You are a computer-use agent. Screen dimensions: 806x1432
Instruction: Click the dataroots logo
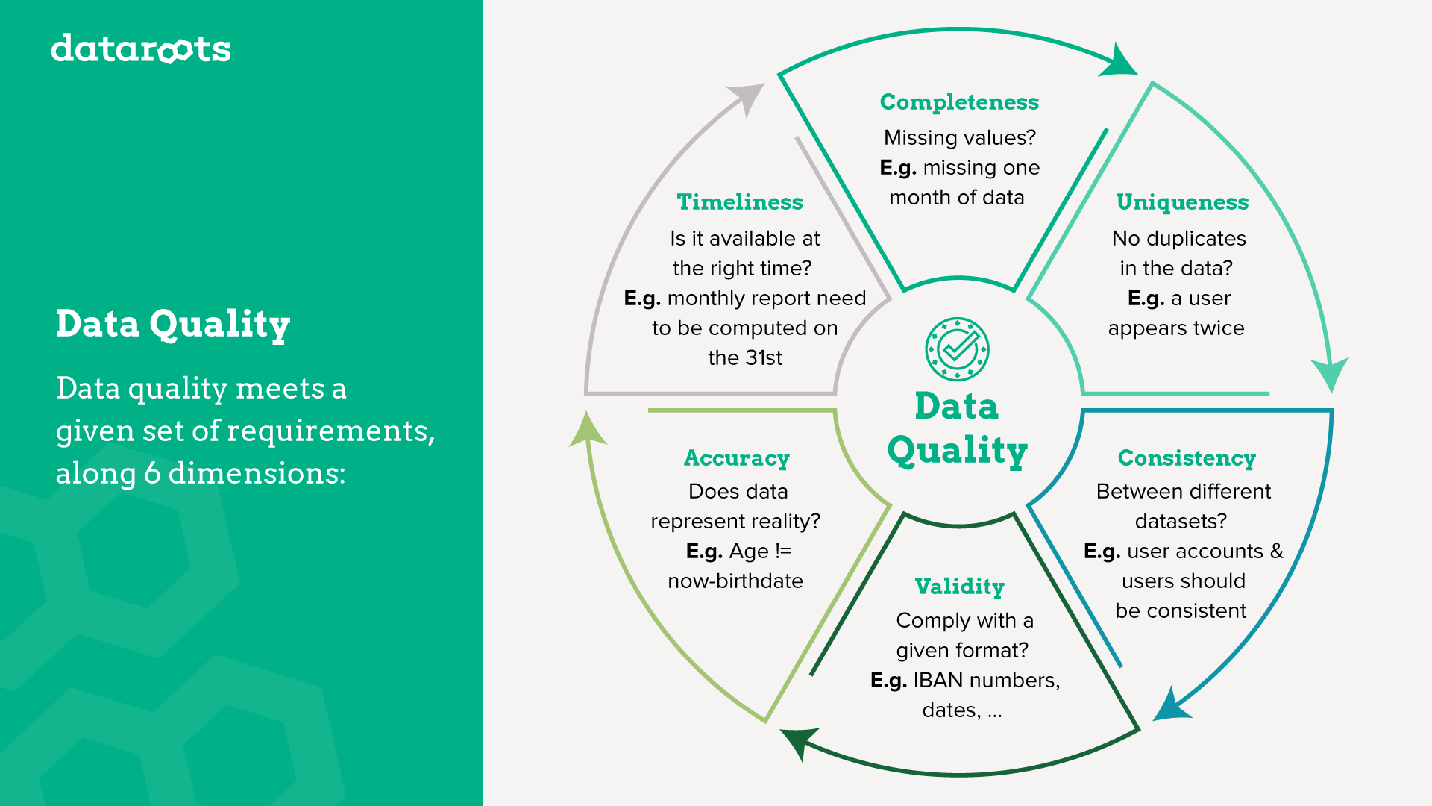tap(141, 49)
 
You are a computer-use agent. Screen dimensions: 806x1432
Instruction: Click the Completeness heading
tap(959, 102)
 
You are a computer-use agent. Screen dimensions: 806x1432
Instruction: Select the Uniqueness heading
tap(1182, 202)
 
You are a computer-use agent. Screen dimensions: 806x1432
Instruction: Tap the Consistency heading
tap(1187, 458)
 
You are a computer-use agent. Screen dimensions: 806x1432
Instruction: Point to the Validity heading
tap(960, 587)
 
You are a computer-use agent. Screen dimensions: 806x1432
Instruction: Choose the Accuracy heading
tap(737, 458)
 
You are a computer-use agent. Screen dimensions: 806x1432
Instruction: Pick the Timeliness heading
tap(740, 202)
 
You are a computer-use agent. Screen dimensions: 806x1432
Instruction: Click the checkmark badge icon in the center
tap(958, 349)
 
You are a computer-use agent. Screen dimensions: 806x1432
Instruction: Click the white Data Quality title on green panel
tap(173, 325)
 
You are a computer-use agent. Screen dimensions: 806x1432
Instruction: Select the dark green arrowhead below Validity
tap(797, 743)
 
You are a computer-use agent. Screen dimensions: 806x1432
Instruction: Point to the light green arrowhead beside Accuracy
tap(588, 430)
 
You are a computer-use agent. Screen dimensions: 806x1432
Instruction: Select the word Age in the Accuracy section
tap(749, 552)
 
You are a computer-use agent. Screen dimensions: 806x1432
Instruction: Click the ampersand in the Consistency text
tap(1277, 552)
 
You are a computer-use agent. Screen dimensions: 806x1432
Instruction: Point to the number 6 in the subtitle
tap(152, 474)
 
